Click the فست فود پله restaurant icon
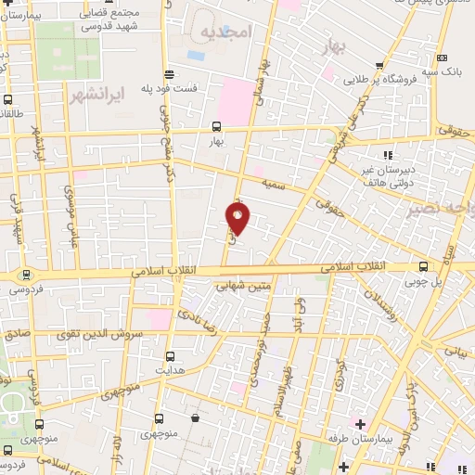(169, 73)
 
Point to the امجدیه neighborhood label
(225, 32)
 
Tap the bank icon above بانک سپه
(442, 56)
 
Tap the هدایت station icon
(169, 355)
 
